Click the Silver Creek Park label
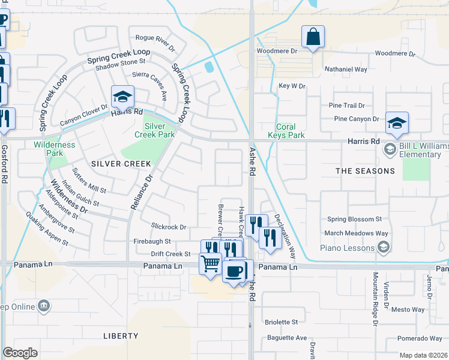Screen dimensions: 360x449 point(159,130)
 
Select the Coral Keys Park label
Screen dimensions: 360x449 point(290,131)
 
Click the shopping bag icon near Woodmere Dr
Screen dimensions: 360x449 point(313,37)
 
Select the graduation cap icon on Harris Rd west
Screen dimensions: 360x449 point(122,97)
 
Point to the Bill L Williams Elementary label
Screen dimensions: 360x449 point(415,150)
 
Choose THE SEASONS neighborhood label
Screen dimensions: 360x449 point(365,171)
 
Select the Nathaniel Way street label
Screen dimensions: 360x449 point(346,70)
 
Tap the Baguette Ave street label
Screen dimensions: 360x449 point(287,338)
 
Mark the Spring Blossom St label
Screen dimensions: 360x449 point(354,220)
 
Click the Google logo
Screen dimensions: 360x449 point(20,353)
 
